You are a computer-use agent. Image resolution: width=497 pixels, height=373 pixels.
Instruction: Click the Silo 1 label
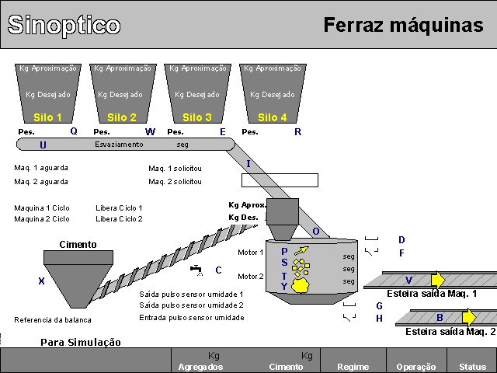coord(47,117)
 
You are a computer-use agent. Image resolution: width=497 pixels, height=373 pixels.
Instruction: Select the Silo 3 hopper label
coord(196,117)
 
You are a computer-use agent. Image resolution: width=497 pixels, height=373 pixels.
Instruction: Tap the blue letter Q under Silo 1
coord(74,131)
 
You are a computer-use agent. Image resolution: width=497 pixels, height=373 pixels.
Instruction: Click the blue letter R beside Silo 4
coord(297,132)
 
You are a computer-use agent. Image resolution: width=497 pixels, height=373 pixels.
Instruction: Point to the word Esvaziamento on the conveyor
coord(119,145)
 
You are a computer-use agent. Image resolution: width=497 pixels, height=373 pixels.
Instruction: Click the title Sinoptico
coord(64,25)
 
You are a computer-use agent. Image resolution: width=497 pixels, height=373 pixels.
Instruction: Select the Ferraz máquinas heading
coord(403,25)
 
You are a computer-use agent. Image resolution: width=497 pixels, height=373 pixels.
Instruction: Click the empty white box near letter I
coord(280,180)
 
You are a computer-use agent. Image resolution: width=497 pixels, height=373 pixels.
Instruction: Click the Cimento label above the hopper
coord(78,244)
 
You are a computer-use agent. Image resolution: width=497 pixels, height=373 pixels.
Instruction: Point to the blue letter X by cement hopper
coord(41,281)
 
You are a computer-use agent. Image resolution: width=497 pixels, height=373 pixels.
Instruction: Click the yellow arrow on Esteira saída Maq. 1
coord(438,280)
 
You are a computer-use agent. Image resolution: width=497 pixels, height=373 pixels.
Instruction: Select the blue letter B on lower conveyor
coord(440,317)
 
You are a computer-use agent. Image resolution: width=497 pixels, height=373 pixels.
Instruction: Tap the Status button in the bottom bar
coord(471,366)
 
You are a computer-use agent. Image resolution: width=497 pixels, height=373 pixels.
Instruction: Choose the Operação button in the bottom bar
coord(416,366)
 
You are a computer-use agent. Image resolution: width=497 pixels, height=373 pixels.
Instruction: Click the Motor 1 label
coord(250,252)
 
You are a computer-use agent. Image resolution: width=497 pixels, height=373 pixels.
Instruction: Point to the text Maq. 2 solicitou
coord(175,182)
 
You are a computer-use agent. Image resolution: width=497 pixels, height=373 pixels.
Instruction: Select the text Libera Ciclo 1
coord(119,208)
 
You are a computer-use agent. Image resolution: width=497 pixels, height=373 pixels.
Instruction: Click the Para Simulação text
coord(81,342)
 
